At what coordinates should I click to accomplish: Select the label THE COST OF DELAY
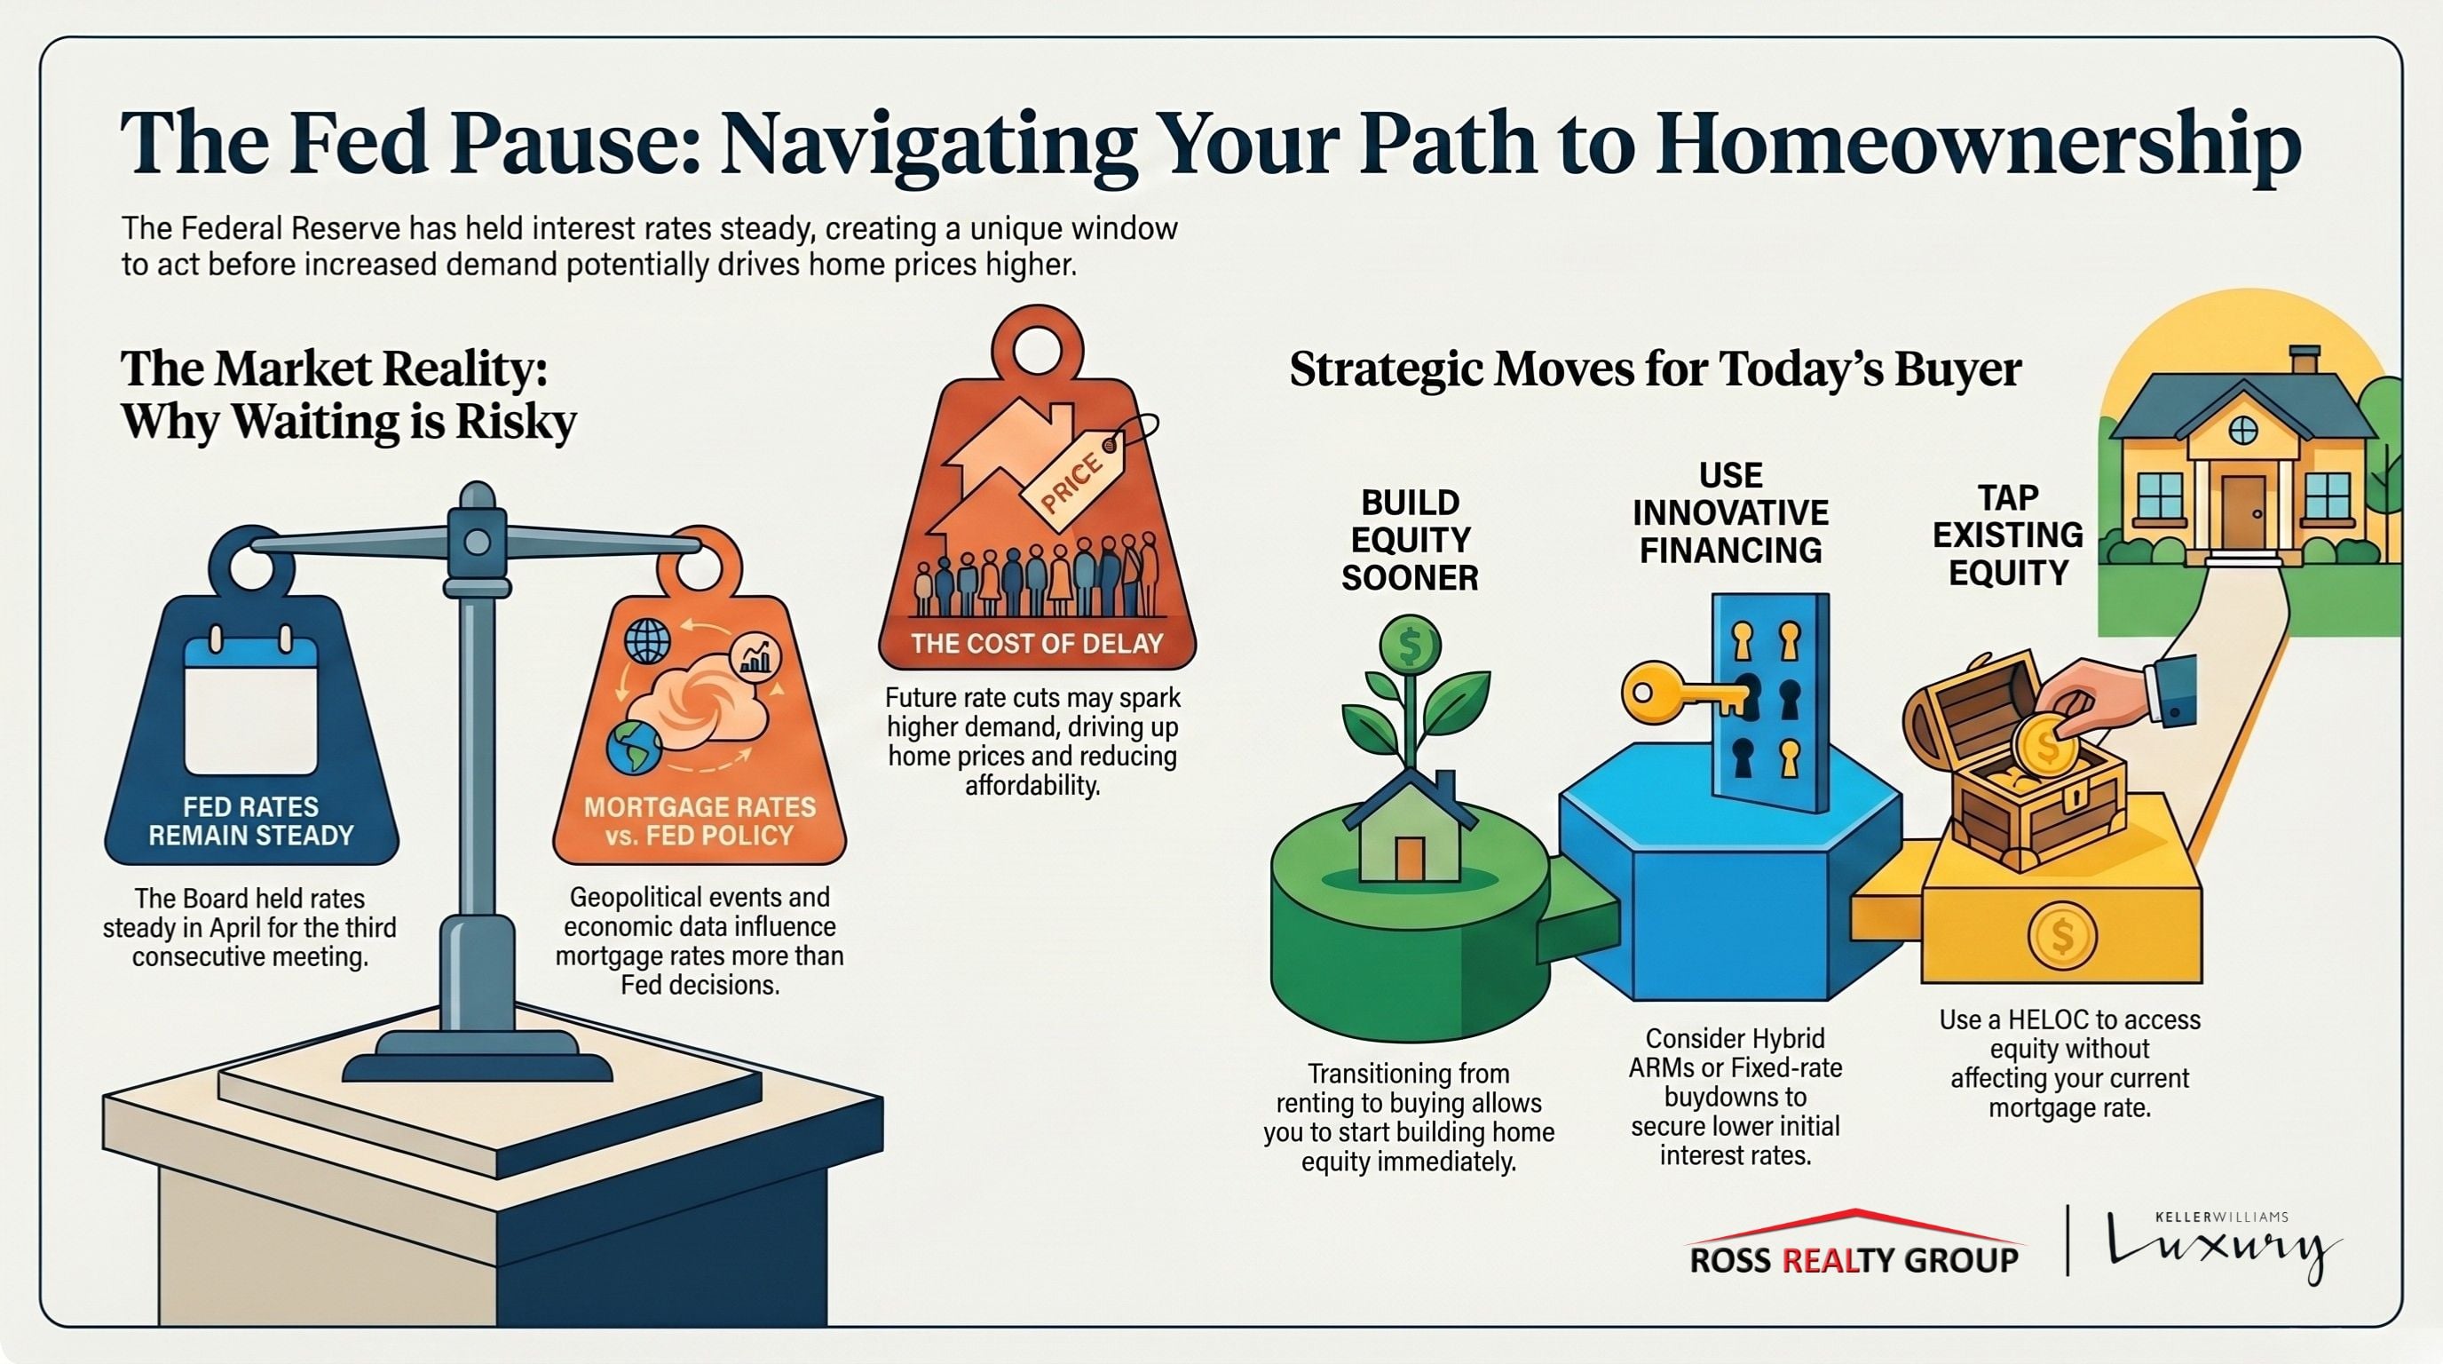1037,644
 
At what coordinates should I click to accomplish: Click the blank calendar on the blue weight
250,707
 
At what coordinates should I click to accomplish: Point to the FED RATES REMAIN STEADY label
251,821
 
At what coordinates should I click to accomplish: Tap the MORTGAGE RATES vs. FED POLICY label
699,821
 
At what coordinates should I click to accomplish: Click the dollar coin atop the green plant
1411,646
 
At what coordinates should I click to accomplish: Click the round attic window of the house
2243,431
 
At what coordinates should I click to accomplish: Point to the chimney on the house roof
2304,361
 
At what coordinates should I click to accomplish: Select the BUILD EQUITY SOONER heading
1411,540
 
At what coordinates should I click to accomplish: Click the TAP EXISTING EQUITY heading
2008,535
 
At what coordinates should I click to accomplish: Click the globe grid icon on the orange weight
647,640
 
